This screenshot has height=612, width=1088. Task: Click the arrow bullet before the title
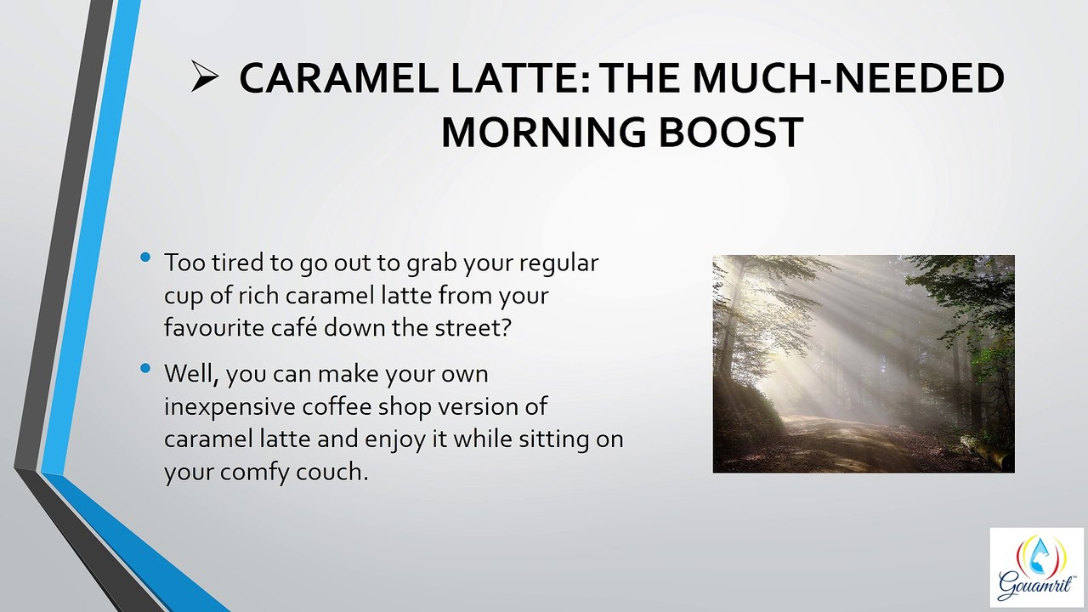[205, 76]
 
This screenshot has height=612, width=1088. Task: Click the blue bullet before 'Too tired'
[145, 257]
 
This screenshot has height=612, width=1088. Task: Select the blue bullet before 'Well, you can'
[145, 368]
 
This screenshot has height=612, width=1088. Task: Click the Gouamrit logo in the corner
[1036, 568]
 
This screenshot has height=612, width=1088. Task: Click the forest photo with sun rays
[864, 364]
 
